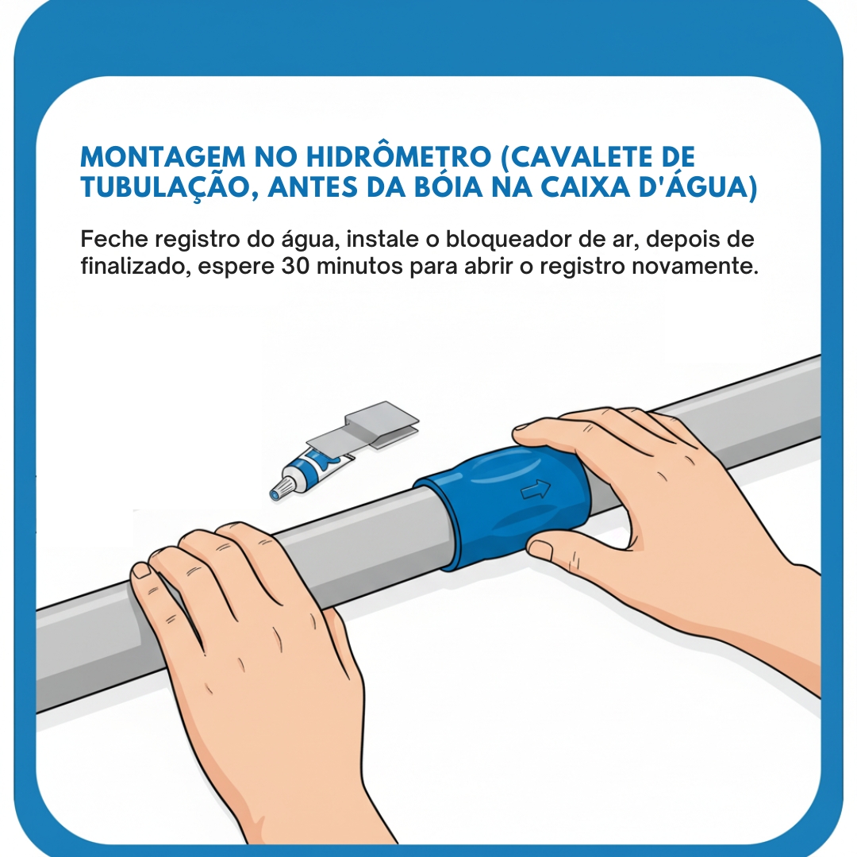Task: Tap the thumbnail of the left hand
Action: click(x=141, y=570)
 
